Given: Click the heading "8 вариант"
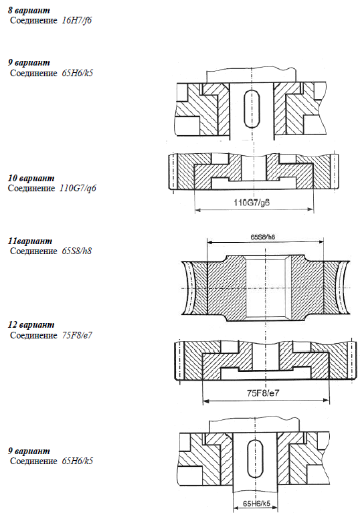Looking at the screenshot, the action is coord(29,10).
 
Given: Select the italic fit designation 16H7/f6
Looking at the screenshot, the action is coord(77,20).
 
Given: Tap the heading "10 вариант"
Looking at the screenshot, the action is coord(31,179).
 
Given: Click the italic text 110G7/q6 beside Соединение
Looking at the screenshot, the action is coord(78,189).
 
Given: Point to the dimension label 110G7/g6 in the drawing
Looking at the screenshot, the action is coord(252,202).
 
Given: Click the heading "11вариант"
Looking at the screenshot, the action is coord(30,241).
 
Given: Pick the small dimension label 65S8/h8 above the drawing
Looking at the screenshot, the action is coord(263,237).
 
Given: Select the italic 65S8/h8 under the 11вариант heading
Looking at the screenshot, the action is coord(77,251).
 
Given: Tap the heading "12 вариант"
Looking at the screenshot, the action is coord(31,325).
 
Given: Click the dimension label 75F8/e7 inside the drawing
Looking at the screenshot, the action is coord(263,393).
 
